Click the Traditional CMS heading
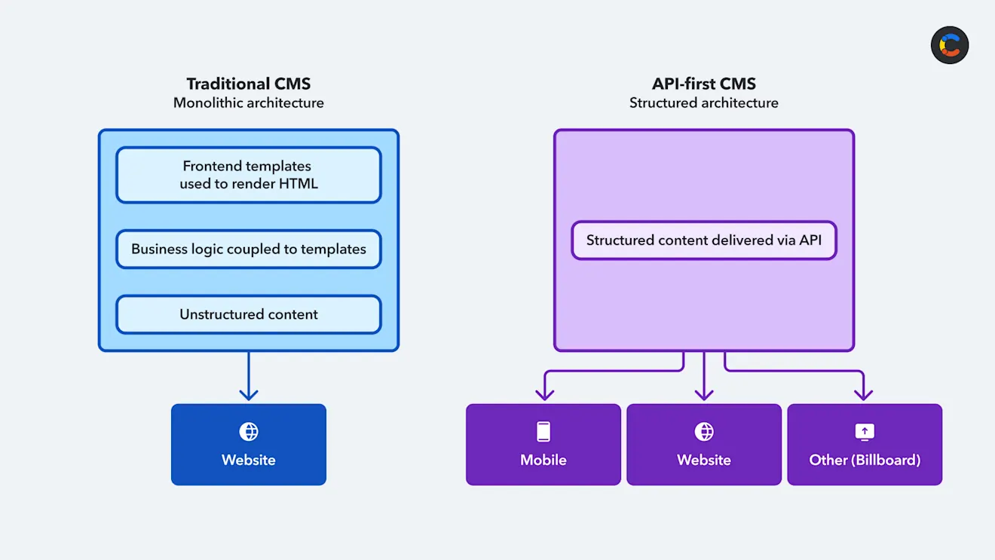pyautogui.click(x=248, y=84)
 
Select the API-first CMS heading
pyautogui.click(x=703, y=84)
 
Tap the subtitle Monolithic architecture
pyautogui.click(x=248, y=103)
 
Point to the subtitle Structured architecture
pyautogui.click(x=703, y=103)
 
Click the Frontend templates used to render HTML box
pyautogui.click(x=248, y=175)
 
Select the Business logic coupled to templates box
pyautogui.click(x=248, y=249)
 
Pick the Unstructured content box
pyautogui.click(x=248, y=314)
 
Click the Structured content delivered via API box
pyautogui.click(x=704, y=240)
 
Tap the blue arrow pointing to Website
pyautogui.click(x=248, y=376)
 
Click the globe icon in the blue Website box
pyautogui.click(x=248, y=432)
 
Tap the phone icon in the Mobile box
pyautogui.click(x=543, y=432)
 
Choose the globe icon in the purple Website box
pyautogui.click(x=704, y=432)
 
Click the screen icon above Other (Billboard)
pyautogui.click(x=865, y=432)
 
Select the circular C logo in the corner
pyautogui.click(x=950, y=45)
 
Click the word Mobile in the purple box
pyautogui.click(x=543, y=460)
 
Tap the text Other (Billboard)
pyautogui.click(x=865, y=460)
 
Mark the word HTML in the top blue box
pyautogui.click(x=298, y=184)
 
